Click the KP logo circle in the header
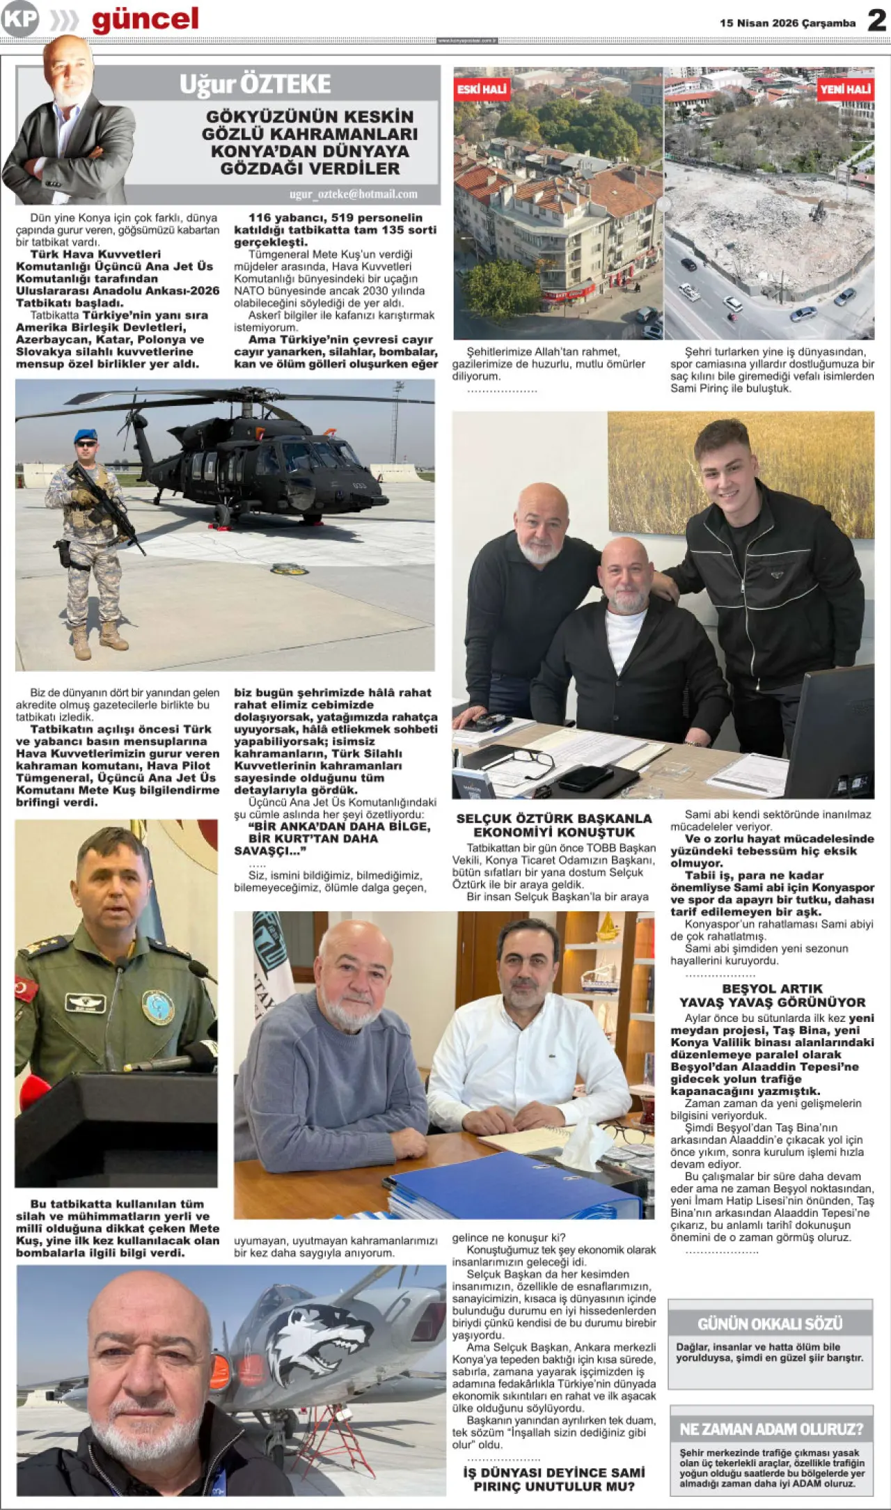19,19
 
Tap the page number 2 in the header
876,21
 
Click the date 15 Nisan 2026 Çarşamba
787,23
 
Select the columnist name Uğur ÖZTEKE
255,84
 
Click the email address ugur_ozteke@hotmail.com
354,194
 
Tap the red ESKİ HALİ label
482,89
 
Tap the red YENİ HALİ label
845,89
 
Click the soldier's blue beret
86,434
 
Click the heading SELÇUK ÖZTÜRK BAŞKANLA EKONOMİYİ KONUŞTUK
554,825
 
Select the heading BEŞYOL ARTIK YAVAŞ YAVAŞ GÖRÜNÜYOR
772,996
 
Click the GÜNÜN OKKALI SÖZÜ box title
770,1323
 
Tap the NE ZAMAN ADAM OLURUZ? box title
771,1429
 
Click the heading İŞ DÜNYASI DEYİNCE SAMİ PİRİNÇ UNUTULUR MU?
554,1479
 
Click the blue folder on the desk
515,1184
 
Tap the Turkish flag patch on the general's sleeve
26,989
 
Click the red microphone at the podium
33,1090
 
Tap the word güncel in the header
145,19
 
